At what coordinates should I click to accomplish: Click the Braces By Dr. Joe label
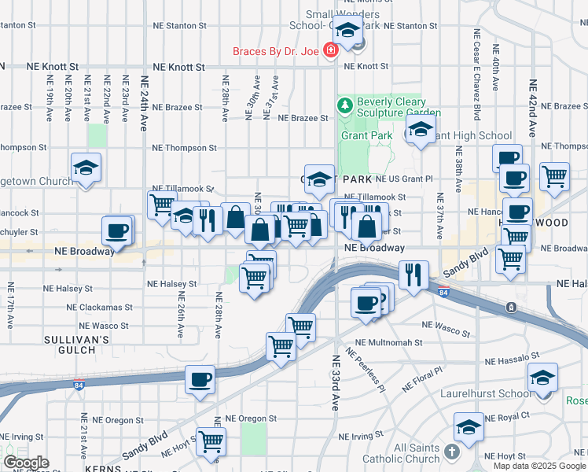275,52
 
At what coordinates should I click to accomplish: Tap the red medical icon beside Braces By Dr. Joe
331,51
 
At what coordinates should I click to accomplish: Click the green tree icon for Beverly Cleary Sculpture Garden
344,105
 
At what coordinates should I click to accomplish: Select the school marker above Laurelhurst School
542,377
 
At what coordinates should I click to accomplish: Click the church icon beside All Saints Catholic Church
451,452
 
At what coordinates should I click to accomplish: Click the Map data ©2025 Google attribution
539,466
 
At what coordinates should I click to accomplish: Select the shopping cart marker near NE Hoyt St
211,441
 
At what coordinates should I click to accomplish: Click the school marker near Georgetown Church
86,168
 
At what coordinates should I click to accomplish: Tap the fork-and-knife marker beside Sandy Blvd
412,274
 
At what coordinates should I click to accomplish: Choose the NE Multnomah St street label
388,343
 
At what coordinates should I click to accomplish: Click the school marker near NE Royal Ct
469,427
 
